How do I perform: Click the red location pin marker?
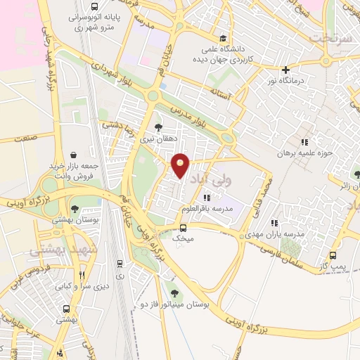pyautogui.click(x=181, y=166)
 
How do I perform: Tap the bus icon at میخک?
pyautogui.click(x=184, y=228)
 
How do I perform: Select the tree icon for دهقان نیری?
pyautogui.click(x=157, y=128)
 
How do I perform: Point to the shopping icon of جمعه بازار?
pyautogui.click(x=74, y=155)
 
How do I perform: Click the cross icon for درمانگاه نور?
pyautogui.click(x=285, y=70)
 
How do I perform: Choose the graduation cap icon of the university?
pyautogui.click(x=223, y=39)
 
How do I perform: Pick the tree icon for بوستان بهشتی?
pyautogui.click(x=74, y=209)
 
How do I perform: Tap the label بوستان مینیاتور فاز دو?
pyautogui.click(x=175, y=309)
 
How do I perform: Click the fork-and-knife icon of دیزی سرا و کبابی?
pyautogui.click(x=82, y=275)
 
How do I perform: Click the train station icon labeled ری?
pyautogui.click(x=120, y=264)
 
